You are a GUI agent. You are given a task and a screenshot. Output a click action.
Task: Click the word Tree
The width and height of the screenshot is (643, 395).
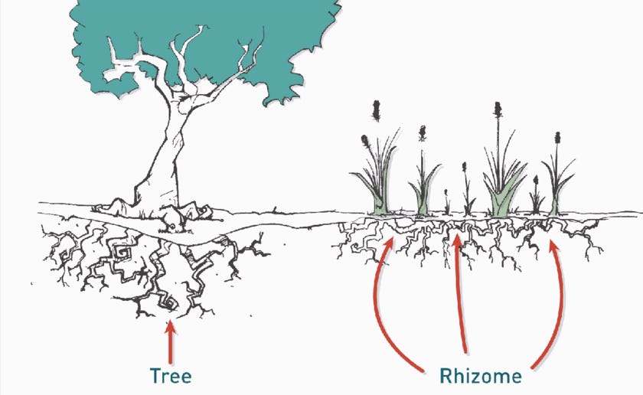pyautogui.click(x=170, y=376)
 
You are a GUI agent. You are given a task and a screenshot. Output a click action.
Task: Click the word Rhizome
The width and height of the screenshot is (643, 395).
pyautogui.click(x=481, y=376)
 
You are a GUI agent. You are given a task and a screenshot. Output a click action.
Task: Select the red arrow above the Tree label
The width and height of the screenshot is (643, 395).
pyautogui.click(x=170, y=341)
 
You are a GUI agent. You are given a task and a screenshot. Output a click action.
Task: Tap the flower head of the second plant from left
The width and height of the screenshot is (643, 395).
pyautogui.click(x=422, y=133)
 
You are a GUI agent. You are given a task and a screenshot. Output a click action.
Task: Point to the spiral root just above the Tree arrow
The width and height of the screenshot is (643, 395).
pyautogui.click(x=170, y=304)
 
